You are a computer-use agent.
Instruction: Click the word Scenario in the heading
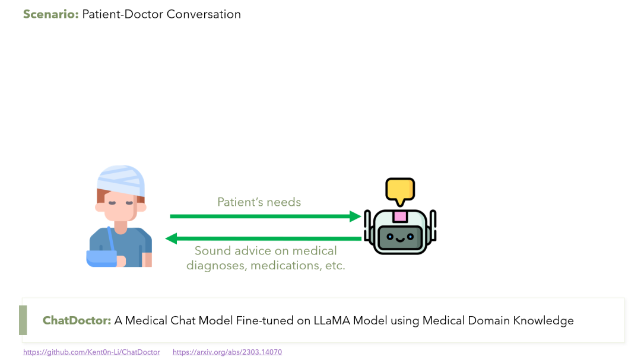(x=50, y=14)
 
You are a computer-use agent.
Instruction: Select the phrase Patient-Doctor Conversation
(x=161, y=14)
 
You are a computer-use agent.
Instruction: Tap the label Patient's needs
(x=259, y=202)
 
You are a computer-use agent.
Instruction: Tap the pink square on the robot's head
(x=399, y=216)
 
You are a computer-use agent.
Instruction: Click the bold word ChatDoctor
(x=77, y=321)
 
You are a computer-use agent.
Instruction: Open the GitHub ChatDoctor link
(x=91, y=352)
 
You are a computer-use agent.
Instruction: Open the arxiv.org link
(x=227, y=352)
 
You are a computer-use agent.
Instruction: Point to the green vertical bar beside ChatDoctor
(x=23, y=320)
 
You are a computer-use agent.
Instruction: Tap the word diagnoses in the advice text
(x=216, y=266)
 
